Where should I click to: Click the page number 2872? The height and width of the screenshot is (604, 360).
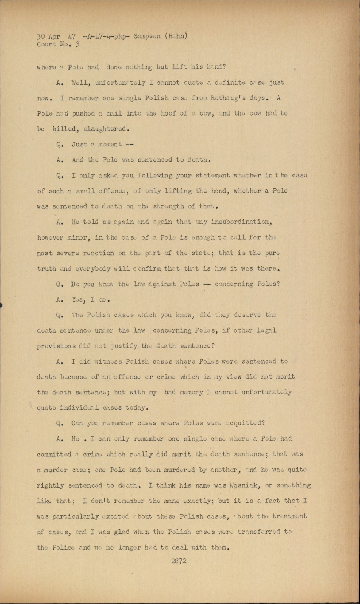pos(178,561)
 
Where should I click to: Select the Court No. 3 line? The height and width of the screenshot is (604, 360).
pos(58,44)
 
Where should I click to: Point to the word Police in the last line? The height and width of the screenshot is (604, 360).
pos(63,547)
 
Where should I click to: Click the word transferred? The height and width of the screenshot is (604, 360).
pos(259,532)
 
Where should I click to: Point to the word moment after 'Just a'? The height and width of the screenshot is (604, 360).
pos(110,144)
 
